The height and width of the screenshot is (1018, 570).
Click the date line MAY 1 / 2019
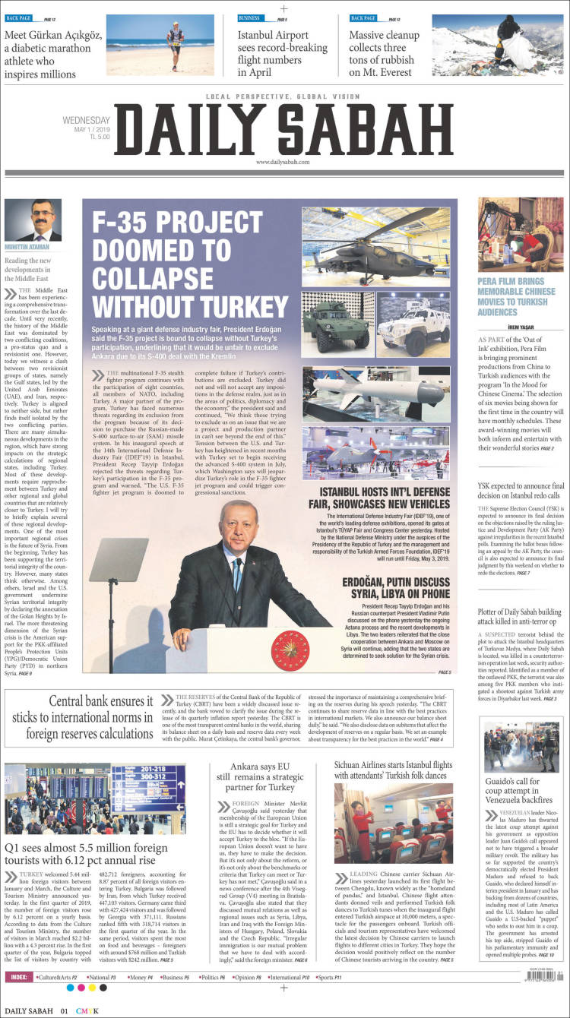click(x=93, y=130)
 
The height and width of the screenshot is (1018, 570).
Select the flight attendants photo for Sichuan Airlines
click(x=394, y=823)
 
